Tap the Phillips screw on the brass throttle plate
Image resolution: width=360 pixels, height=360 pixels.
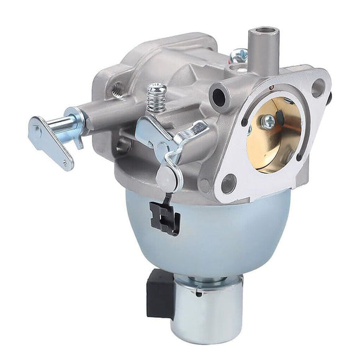[269, 122]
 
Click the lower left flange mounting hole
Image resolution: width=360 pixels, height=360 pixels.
[228, 182]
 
